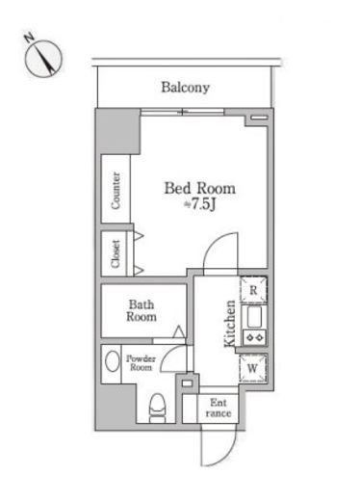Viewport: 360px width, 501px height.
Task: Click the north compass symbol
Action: (42, 58)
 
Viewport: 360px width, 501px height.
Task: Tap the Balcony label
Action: (185, 88)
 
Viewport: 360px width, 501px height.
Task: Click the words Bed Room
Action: (199, 188)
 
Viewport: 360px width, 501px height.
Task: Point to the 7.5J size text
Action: (199, 204)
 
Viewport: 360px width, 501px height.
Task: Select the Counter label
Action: (116, 191)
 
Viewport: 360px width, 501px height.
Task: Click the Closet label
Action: (116, 254)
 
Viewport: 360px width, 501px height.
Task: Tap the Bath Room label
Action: (141, 310)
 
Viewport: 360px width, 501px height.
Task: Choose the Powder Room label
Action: (141, 363)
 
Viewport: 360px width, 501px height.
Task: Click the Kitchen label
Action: (230, 324)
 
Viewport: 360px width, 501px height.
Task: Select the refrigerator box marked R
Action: (253, 290)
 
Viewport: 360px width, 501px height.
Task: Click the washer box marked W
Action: (253, 368)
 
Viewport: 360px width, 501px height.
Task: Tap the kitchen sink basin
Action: (254, 317)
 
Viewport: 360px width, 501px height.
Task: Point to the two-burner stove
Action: (255, 337)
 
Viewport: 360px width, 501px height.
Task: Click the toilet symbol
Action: (158, 409)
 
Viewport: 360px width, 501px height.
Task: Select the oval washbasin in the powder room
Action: (112, 361)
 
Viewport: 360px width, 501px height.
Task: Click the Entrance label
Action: (219, 408)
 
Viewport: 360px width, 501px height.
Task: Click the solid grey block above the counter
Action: (118, 132)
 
